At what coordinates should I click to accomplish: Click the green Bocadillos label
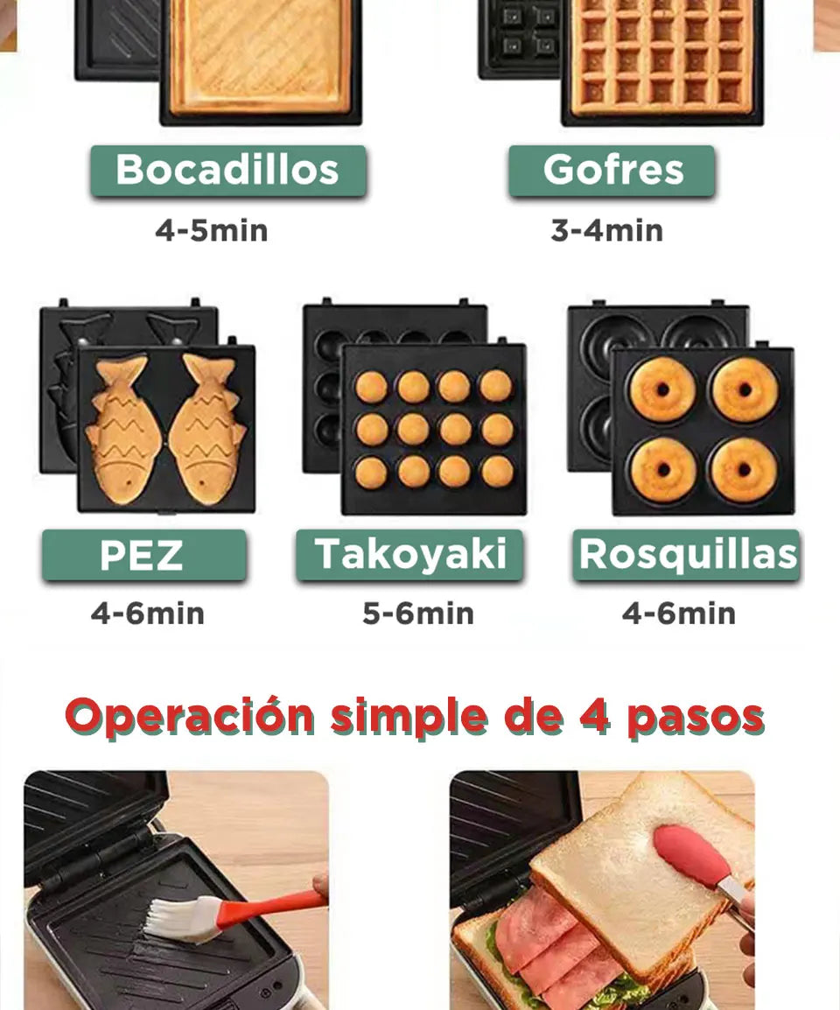click(x=227, y=170)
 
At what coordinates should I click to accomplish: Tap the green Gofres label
click(x=612, y=170)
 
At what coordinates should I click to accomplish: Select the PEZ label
click(x=143, y=555)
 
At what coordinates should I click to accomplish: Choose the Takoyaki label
click(x=410, y=555)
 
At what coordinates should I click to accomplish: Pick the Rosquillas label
click(x=687, y=555)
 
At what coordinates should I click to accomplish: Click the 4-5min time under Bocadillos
click(x=211, y=231)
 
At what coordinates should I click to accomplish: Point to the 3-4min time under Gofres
click(x=606, y=231)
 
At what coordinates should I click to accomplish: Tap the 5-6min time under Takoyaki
click(x=418, y=614)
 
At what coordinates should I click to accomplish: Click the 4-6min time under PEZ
click(x=147, y=614)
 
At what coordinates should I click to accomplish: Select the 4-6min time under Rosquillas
click(x=678, y=614)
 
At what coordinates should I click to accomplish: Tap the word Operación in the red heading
click(x=190, y=717)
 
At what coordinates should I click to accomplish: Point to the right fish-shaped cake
click(x=207, y=429)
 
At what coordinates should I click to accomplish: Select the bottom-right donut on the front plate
click(x=743, y=470)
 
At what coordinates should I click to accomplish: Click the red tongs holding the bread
click(x=696, y=858)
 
